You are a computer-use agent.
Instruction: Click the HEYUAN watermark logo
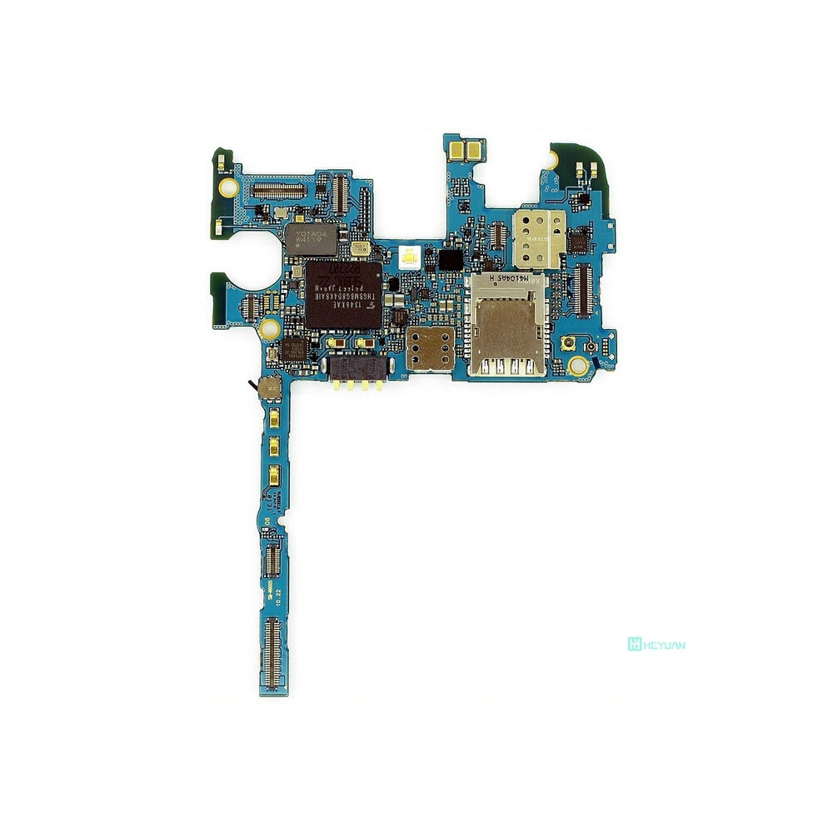pyautogui.click(x=656, y=644)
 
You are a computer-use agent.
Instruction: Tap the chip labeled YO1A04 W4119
pyautogui.click(x=311, y=239)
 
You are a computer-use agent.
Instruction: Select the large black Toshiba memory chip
pyautogui.click(x=342, y=294)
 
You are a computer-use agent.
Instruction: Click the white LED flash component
pyautogui.click(x=409, y=257)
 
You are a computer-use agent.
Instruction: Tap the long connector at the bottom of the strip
pyautogui.click(x=272, y=654)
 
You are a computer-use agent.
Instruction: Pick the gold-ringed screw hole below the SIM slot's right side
pyautogui.click(x=577, y=364)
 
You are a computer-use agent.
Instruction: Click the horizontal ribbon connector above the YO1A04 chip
pyautogui.click(x=279, y=191)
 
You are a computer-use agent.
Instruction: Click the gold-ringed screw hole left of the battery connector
pyautogui.click(x=269, y=327)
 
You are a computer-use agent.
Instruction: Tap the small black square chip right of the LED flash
pyautogui.click(x=450, y=258)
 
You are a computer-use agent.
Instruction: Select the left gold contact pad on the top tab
pyautogui.click(x=456, y=151)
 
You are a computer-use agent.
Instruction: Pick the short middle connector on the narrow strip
pyautogui.click(x=272, y=559)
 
